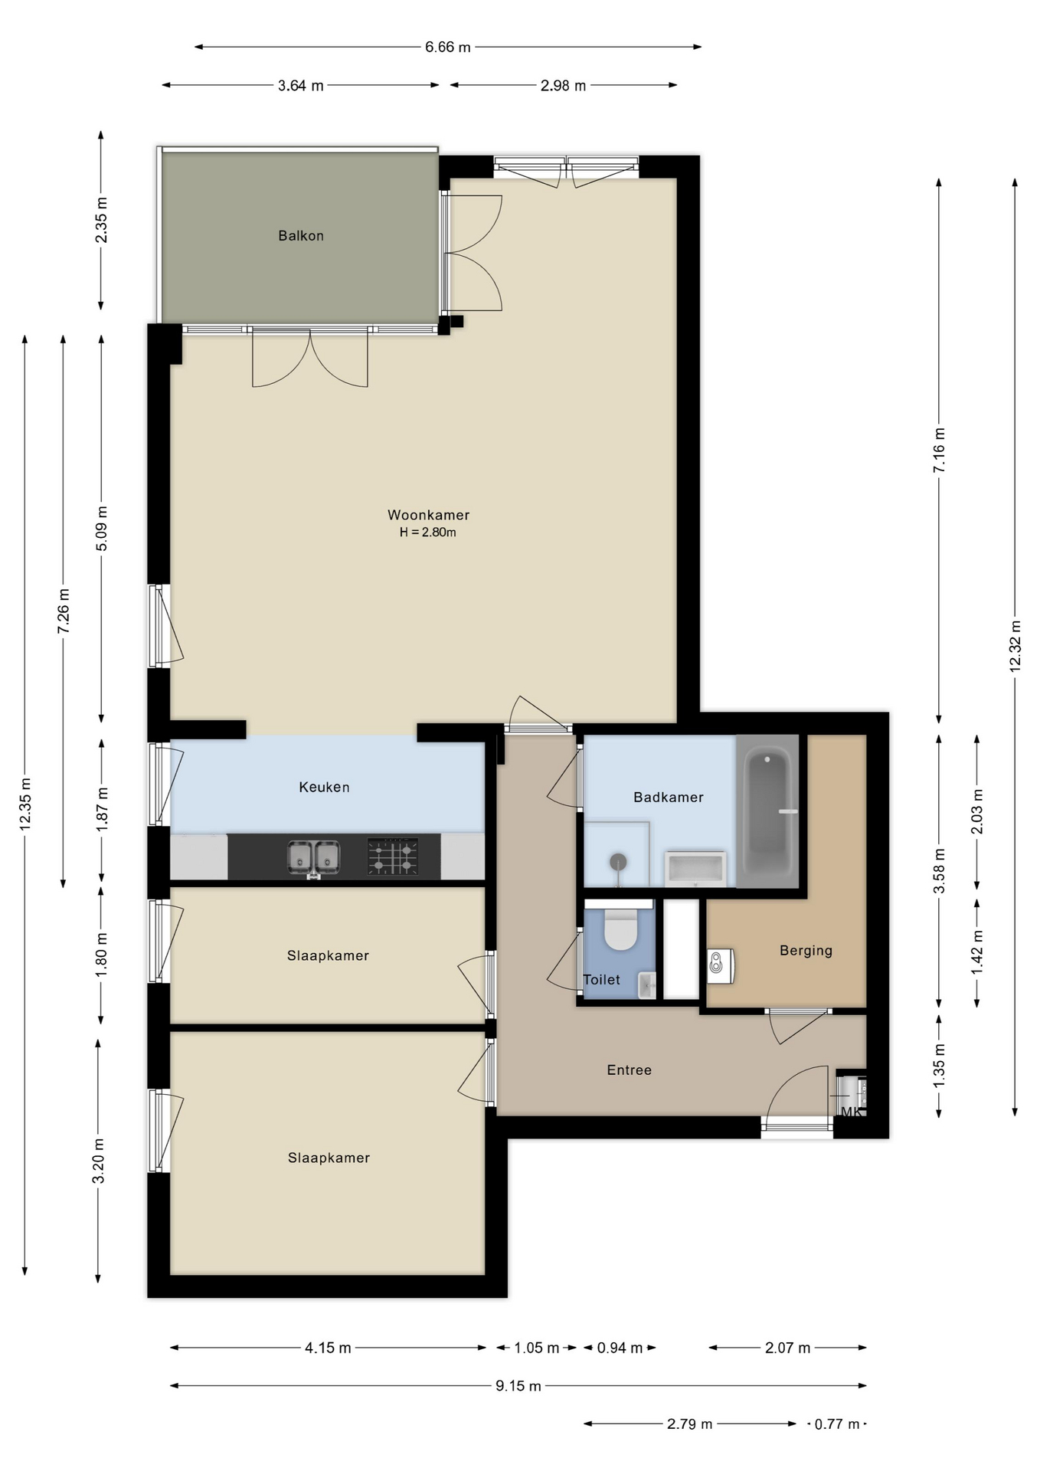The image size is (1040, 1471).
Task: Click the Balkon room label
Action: click(301, 236)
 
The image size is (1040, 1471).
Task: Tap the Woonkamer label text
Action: click(428, 515)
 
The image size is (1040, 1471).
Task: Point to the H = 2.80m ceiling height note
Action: click(428, 532)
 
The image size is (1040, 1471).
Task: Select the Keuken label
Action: click(324, 787)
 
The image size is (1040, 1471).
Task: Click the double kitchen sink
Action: click(314, 857)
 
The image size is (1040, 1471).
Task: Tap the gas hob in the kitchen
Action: click(393, 857)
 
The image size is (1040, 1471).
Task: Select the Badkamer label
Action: click(668, 798)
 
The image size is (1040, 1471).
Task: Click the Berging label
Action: click(806, 951)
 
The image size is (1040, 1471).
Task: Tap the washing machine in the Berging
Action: click(721, 966)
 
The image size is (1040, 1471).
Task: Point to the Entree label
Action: click(629, 1070)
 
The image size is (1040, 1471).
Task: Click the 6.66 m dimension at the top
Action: click(448, 47)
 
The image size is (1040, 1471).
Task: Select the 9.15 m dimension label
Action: click(518, 1385)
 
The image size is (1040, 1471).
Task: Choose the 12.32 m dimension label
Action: click(1015, 645)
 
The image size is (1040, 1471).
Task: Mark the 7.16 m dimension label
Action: click(939, 450)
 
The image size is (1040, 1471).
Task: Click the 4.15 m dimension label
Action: click(328, 1348)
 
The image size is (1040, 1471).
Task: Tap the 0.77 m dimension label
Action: click(837, 1424)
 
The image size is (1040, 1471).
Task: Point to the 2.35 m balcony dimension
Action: click(101, 220)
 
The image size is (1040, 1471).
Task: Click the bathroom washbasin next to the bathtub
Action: click(695, 868)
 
